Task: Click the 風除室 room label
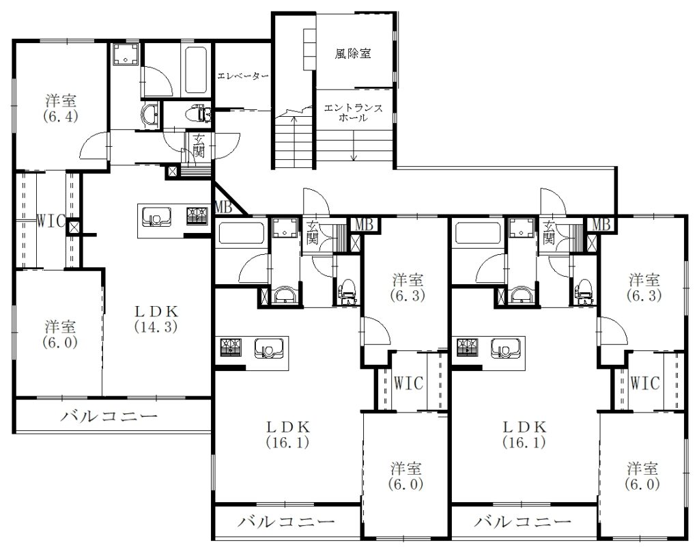pos(353,54)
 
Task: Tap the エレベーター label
pos(243,77)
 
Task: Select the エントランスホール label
pos(353,113)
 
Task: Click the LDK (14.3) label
pos(156,319)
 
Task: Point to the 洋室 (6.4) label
pos(61,109)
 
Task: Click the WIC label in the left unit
pos(51,221)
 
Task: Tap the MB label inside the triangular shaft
pos(223,207)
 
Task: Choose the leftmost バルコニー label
pos(109,417)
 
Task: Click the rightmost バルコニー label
pos(522,522)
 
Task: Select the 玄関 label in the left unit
pos(199,146)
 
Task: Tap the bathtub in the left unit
pos(195,70)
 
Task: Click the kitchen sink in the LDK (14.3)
pos(156,217)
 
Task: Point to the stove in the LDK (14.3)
pos(197,216)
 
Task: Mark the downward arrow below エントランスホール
pos(354,146)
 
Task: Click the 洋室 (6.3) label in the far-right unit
pos(644,288)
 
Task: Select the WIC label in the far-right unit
pos(644,383)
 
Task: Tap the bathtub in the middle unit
pos(241,234)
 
